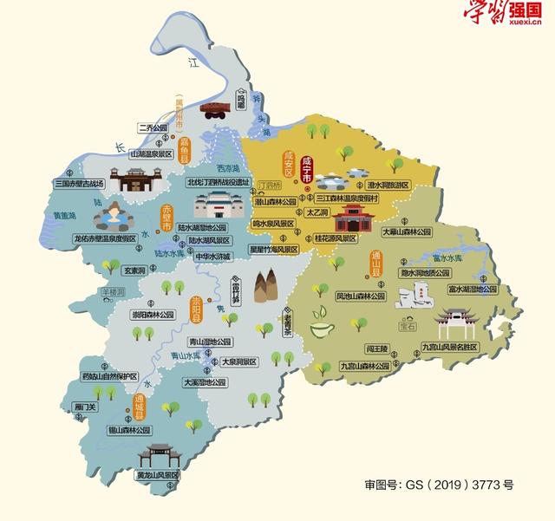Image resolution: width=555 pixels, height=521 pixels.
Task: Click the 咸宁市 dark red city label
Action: point(306,167)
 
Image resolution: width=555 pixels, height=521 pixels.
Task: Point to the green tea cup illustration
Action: point(323,330)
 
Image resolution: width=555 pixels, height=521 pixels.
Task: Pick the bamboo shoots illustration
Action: point(265,287)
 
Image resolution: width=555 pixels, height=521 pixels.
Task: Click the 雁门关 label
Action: point(86,406)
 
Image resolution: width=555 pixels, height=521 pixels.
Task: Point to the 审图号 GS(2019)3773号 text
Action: point(439,485)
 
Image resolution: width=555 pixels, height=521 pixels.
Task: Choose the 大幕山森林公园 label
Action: point(405,232)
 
